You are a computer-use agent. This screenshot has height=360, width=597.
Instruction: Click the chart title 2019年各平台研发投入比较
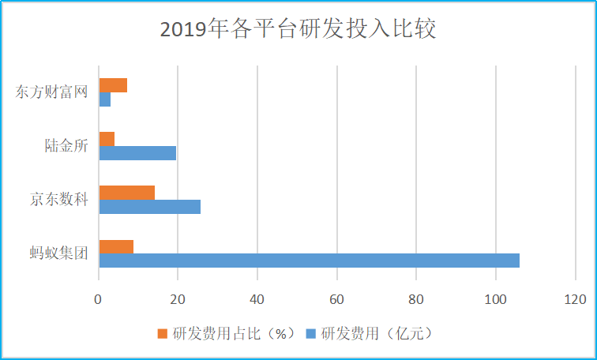click(298, 30)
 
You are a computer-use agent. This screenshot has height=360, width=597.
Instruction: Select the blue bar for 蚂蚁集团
click(309, 261)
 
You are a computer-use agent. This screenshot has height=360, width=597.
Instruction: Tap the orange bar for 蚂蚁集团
click(116, 246)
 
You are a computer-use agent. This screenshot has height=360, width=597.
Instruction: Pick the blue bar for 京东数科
click(149, 207)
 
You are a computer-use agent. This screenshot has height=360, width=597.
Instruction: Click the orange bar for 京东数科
click(126, 193)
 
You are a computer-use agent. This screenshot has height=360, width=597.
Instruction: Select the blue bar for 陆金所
click(137, 153)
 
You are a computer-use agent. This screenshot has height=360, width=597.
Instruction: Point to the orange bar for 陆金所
click(107, 139)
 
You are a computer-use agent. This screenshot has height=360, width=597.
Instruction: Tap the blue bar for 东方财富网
click(104, 99)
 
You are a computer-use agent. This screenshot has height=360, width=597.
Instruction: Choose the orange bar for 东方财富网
click(113, 85)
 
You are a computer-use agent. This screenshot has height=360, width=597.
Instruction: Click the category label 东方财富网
click(51, 92)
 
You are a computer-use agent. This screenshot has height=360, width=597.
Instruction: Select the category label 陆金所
click(66, 146)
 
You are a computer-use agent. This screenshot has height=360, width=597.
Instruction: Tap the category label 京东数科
click(59, 200)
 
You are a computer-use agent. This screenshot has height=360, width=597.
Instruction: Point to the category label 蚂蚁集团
click(59, 253)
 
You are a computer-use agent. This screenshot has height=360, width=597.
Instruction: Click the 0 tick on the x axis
click(99, 299)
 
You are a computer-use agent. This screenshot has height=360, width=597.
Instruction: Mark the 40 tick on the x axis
click(257, 299)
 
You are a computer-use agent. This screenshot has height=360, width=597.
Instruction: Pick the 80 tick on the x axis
click(416, 299)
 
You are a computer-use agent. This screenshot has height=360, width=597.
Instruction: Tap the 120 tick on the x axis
click(575, 299)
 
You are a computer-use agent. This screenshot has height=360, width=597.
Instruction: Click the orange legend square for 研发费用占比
click(163, 333)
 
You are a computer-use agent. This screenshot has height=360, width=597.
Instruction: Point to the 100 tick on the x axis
click(495, 299)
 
